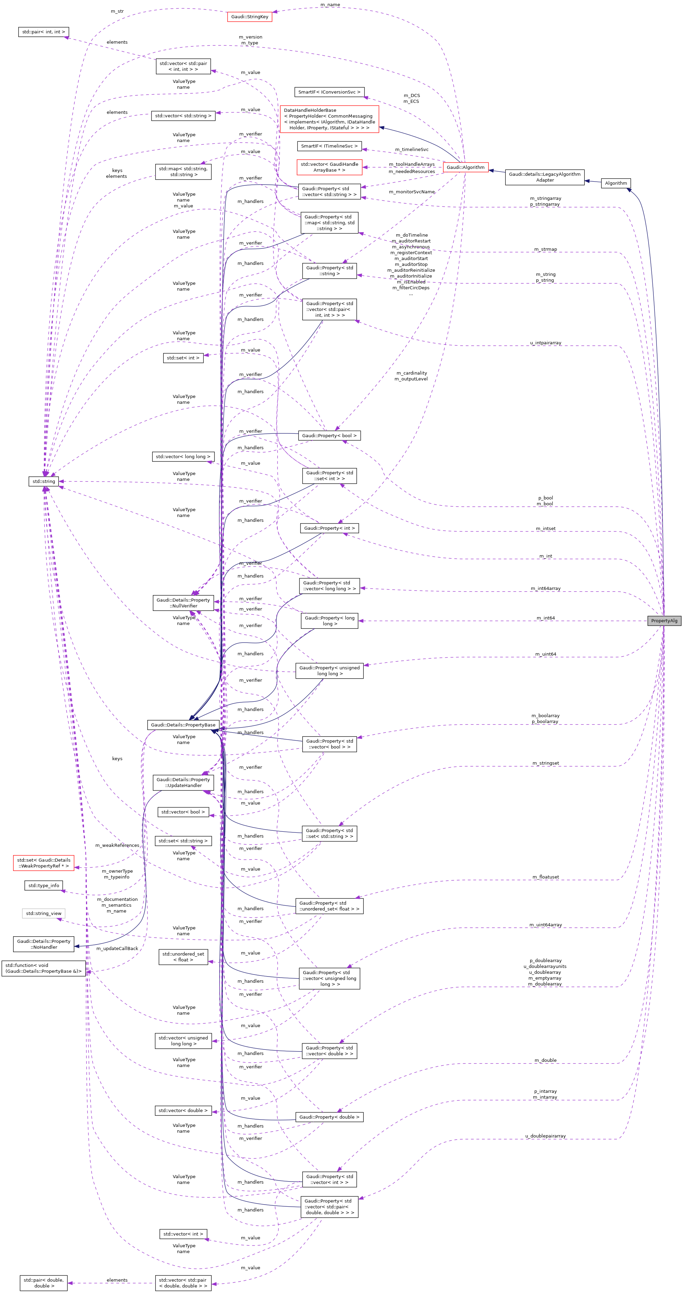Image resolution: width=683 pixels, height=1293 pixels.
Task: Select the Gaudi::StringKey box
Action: click(250, 17)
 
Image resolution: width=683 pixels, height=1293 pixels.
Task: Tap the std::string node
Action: click(44, 481)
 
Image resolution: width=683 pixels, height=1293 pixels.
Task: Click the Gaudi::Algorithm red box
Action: click(465, 167)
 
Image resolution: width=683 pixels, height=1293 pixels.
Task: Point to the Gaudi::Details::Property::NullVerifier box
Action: click(183, 603)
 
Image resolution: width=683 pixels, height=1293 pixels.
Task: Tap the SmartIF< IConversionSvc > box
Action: click(329, 92)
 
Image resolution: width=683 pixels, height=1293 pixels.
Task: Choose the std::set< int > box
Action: click(183, 358)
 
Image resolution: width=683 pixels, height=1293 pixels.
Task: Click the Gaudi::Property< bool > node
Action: click(329, 436)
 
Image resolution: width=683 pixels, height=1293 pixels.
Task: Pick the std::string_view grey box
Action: click(44, 914)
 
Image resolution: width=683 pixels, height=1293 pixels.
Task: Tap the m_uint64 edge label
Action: click(545, 654)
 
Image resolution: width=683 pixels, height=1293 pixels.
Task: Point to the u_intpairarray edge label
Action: click(545, 343)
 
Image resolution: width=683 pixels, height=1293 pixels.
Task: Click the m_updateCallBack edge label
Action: click(117, 949)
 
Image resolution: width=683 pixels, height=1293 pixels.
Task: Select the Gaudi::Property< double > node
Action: click(329, 1117)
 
